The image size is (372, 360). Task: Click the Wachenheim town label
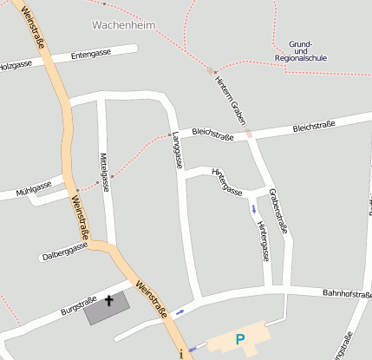pos(122,26)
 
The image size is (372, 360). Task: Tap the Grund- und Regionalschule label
pos(300,51)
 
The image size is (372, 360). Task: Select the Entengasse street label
pos(91,54)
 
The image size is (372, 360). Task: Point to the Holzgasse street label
pos(15,66)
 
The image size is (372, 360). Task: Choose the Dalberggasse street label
pos(65,252)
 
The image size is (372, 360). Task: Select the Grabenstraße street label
pos(277,210)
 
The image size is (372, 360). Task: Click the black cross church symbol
pos(109,302)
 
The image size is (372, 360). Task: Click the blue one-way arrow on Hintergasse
pos(252,209)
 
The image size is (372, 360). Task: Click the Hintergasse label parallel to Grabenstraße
pos(264,239)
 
